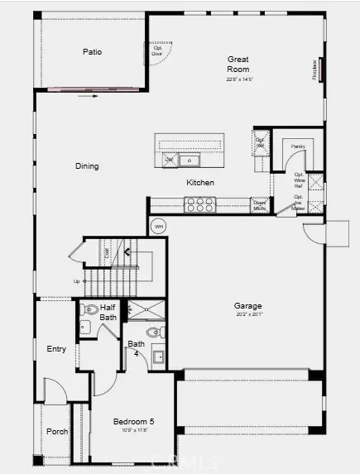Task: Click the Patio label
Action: pyautogui.click(x=92, y=51)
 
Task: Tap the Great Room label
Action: pyautogui.click(x=239, y=65)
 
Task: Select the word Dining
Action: pyautogui.click(x=87, y=166)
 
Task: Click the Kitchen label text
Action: pyautogui.click(x=200, y=183)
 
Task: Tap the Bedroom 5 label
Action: pyautogui.click(x=134, y=422)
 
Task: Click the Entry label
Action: pyautogui.click(x=56, y=349)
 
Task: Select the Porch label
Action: pyautogui.click(x=57, y=431)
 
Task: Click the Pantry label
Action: pyautogui.click(x=297, y=146)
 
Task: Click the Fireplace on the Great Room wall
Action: pyautogui.click(x=316, y=70)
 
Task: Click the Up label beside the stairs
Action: pyautogui.click(x=77, y=281)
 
